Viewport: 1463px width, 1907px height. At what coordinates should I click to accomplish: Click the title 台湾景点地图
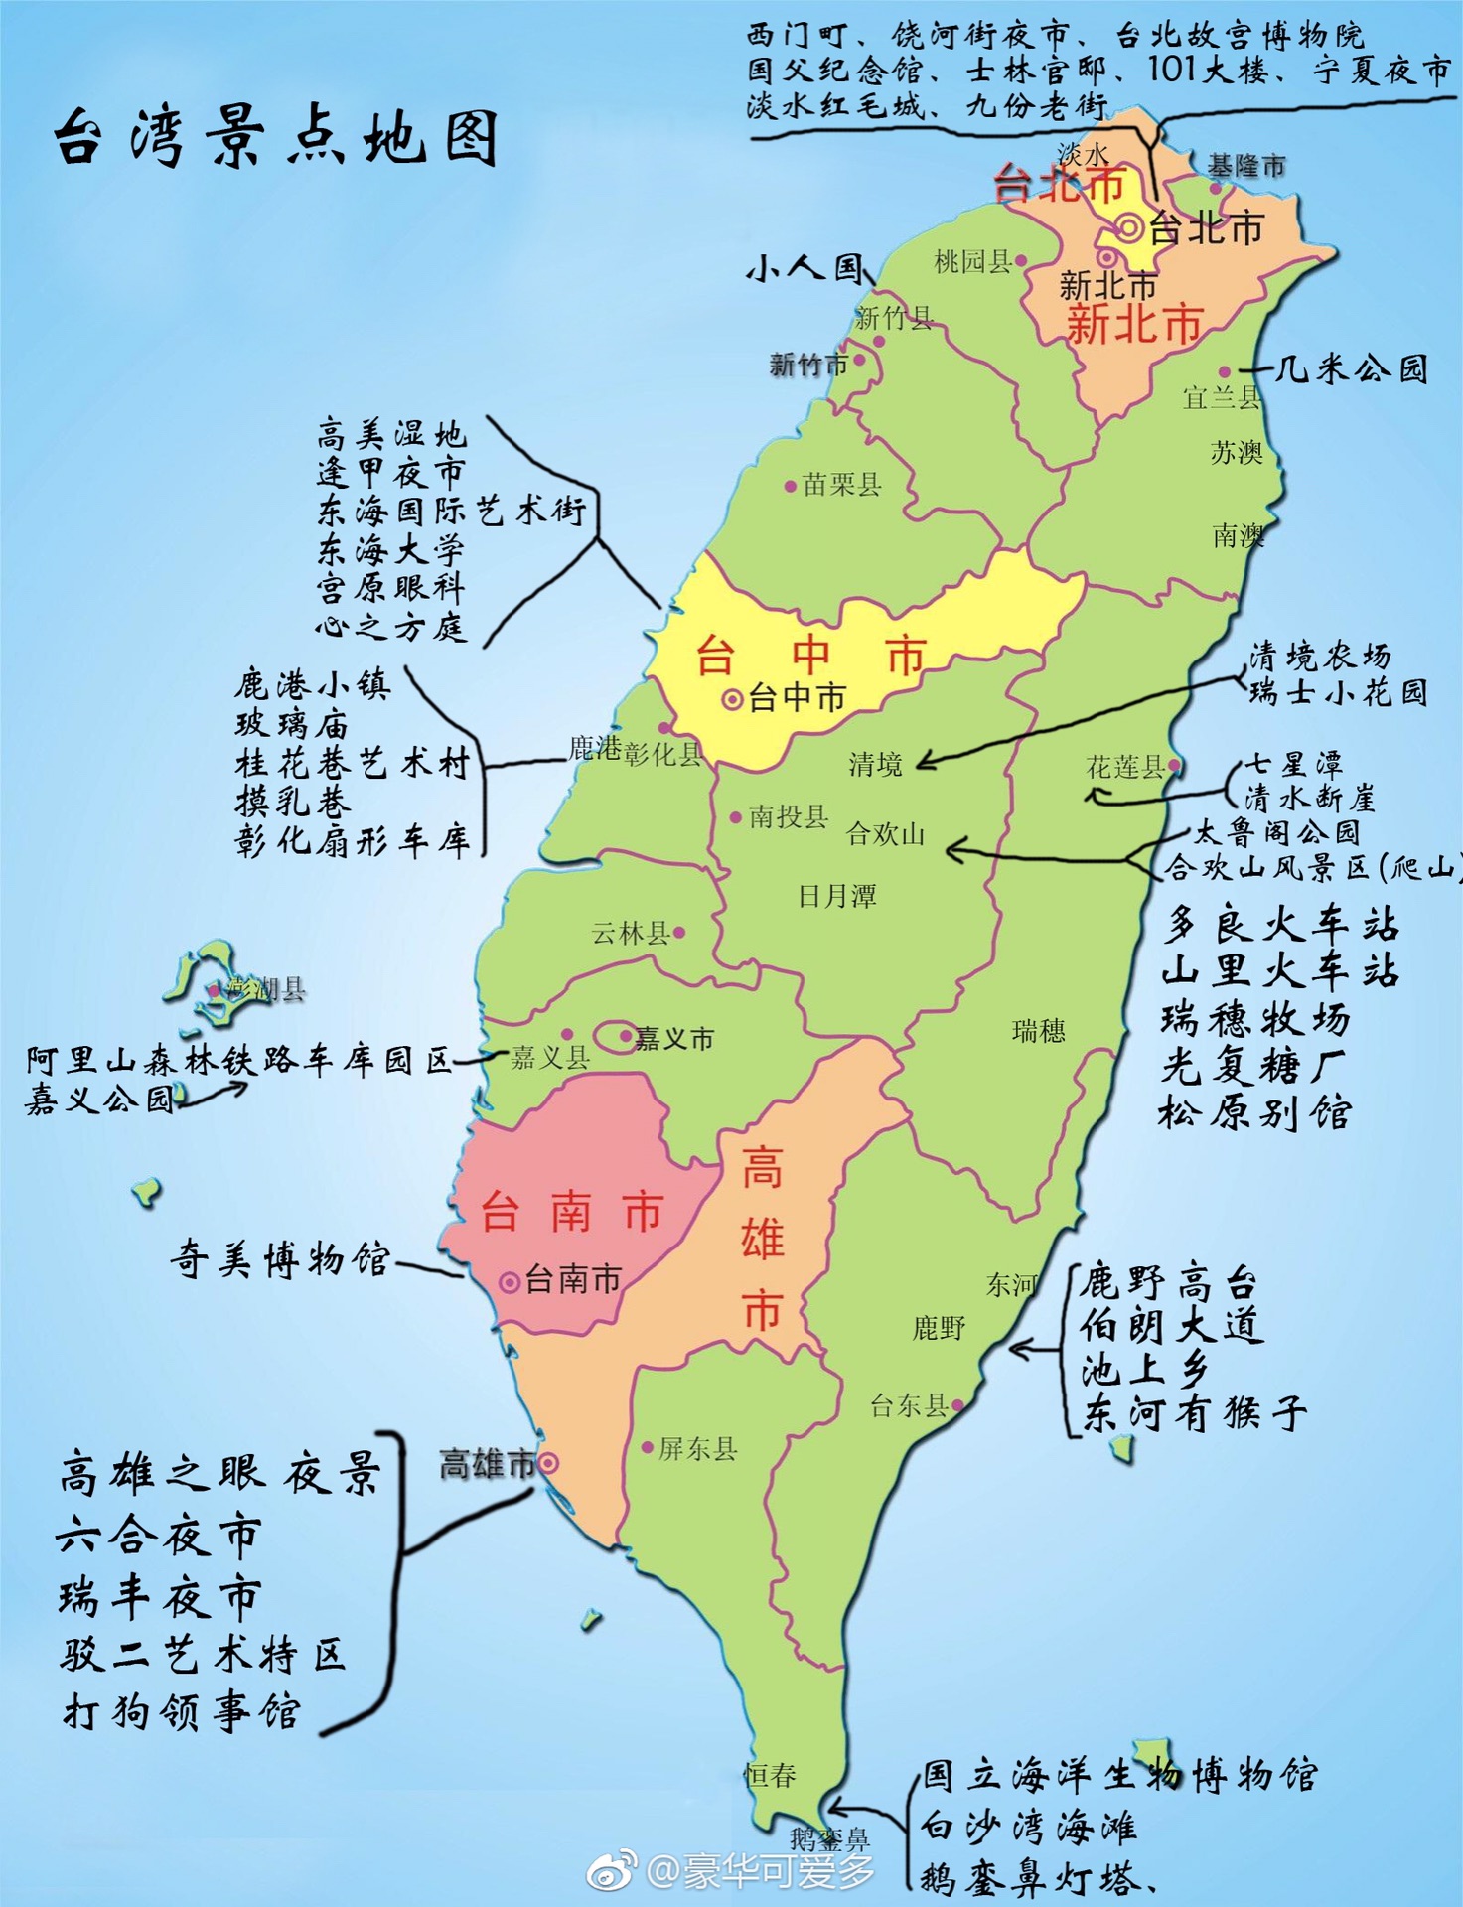(276, 137)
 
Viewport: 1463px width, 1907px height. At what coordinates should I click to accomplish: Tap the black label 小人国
(805, 268)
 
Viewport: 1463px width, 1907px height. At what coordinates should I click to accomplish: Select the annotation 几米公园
(1351, 369)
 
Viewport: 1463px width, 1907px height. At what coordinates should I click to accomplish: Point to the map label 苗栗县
(841, 485)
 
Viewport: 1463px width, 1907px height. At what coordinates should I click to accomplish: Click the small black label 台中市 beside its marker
(798, 698)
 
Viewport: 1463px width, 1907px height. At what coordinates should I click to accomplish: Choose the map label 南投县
(789, 816)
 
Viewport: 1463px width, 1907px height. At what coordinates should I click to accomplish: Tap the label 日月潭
(837, 896)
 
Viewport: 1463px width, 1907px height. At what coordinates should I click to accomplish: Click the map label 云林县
(631, 933)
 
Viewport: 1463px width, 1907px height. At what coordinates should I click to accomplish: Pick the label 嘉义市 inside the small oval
(674, 1039)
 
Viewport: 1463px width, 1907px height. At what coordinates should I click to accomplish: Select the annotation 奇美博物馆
(279, 1259)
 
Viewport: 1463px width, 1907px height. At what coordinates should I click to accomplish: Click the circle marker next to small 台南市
(510, 1282)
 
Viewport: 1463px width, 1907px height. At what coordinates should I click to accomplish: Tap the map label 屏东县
(698, 1448)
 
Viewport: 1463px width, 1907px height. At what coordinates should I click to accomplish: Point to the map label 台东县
(908, 1405)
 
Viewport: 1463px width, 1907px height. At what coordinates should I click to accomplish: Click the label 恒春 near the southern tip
(771, 1774)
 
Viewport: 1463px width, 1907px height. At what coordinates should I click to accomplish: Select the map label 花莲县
(1125, 766)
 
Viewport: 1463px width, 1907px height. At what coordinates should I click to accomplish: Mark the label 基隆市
(1246, 166)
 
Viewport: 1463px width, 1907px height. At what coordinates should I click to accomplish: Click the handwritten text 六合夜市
(159, 1536)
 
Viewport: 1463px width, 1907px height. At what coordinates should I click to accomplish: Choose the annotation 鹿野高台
(1168, 1282)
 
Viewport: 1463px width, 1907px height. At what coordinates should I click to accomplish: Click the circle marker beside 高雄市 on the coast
(547, 1462)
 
